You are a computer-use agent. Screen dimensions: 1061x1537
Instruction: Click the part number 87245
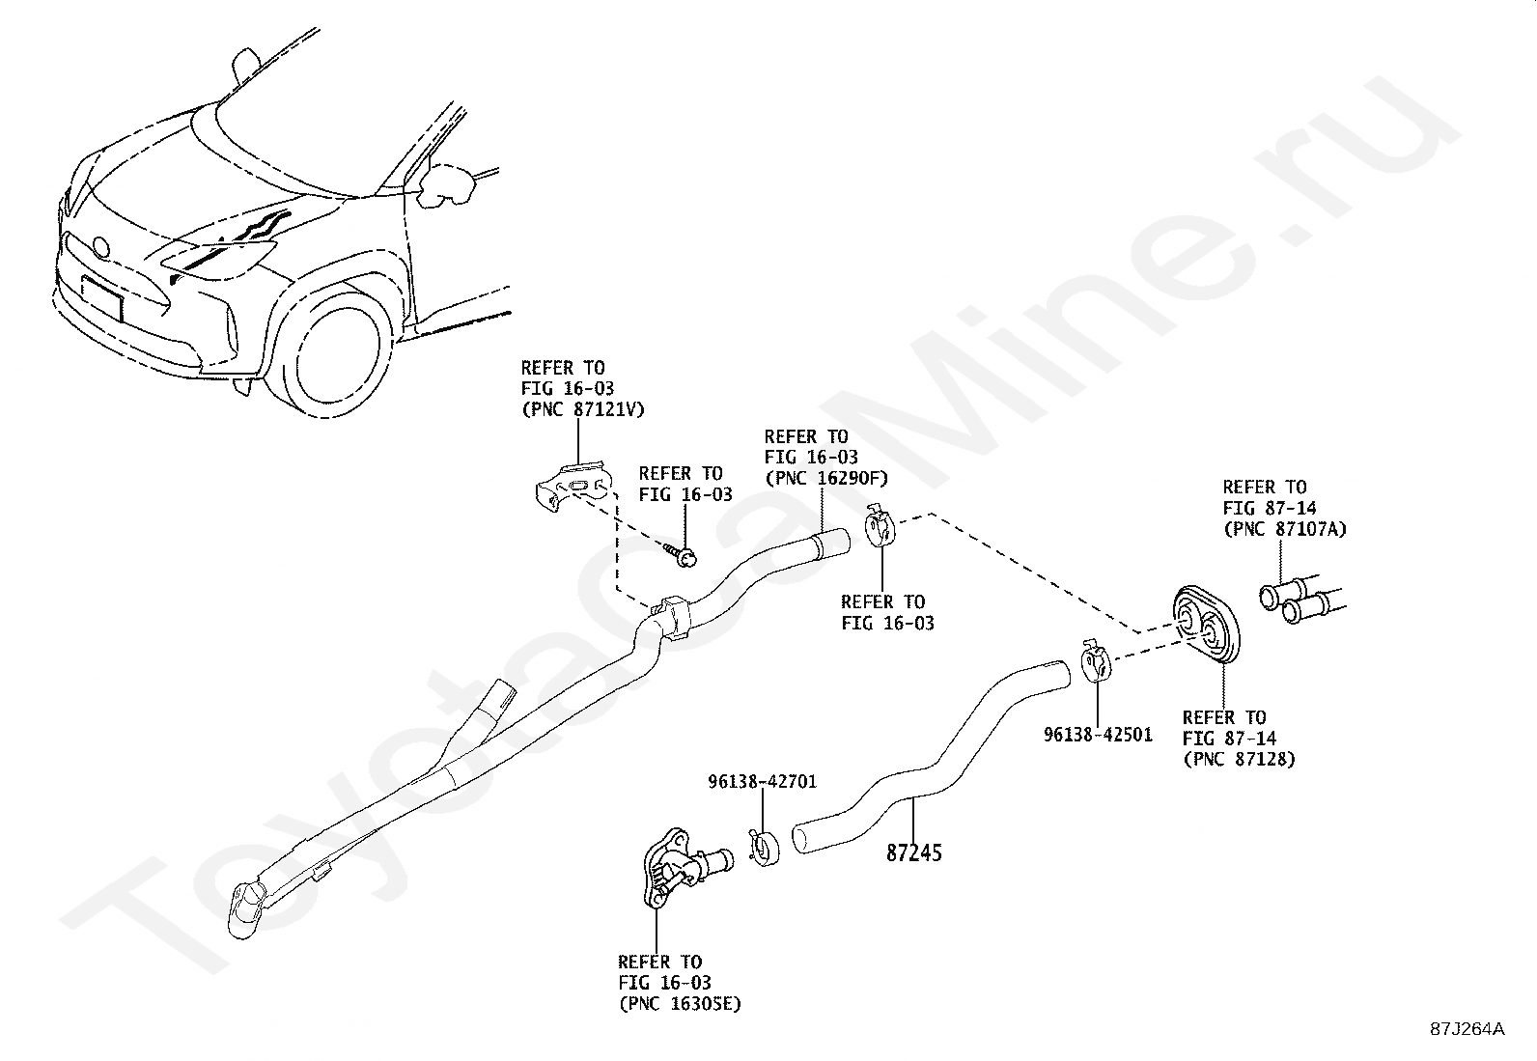point(914,852)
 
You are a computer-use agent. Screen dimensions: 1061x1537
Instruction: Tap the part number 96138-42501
point(1098,735)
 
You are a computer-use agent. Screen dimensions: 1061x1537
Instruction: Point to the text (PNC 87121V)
point(582,410)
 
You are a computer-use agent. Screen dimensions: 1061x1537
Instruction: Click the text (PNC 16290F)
point(825,479)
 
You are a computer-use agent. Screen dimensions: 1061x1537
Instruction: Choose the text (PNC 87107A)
point(1284,529)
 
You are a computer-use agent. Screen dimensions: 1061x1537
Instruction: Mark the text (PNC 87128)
point(1239,760)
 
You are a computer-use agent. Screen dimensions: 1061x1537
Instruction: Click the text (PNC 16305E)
point(680,1004)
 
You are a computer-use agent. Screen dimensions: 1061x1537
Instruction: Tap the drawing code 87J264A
point(1467,1029)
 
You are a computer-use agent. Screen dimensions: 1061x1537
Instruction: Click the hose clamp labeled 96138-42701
point(764,847)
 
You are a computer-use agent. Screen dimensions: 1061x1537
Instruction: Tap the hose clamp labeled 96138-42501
point(1095,665)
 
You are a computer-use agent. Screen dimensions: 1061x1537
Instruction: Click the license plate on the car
point(103,300)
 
